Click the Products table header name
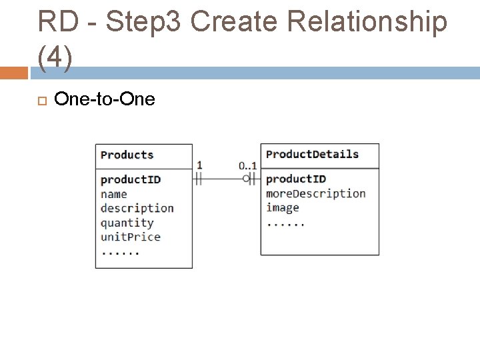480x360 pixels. click(127, 155)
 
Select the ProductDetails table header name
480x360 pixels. click(312, 155)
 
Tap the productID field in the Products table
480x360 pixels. click(131, 179)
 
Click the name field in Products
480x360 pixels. click(113, 194)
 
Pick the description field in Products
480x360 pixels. click(137, 208)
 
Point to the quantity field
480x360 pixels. click(127, 223)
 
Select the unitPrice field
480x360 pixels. click(130, 237)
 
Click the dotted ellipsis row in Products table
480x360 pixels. click(120, 252)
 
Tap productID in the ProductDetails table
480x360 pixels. click(296, 179)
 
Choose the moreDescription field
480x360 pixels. click(315, 193)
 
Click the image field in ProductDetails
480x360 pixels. click(282, 207)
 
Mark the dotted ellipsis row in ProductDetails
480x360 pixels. click(285, 223)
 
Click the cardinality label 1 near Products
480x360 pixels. click(199, 165)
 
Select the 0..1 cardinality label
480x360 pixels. click(247, 165)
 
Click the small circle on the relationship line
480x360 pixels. click(246, 178)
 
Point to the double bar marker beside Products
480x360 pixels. click(199, 178)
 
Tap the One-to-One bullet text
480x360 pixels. click(105, 99)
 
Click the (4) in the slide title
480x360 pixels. click(55, 59)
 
